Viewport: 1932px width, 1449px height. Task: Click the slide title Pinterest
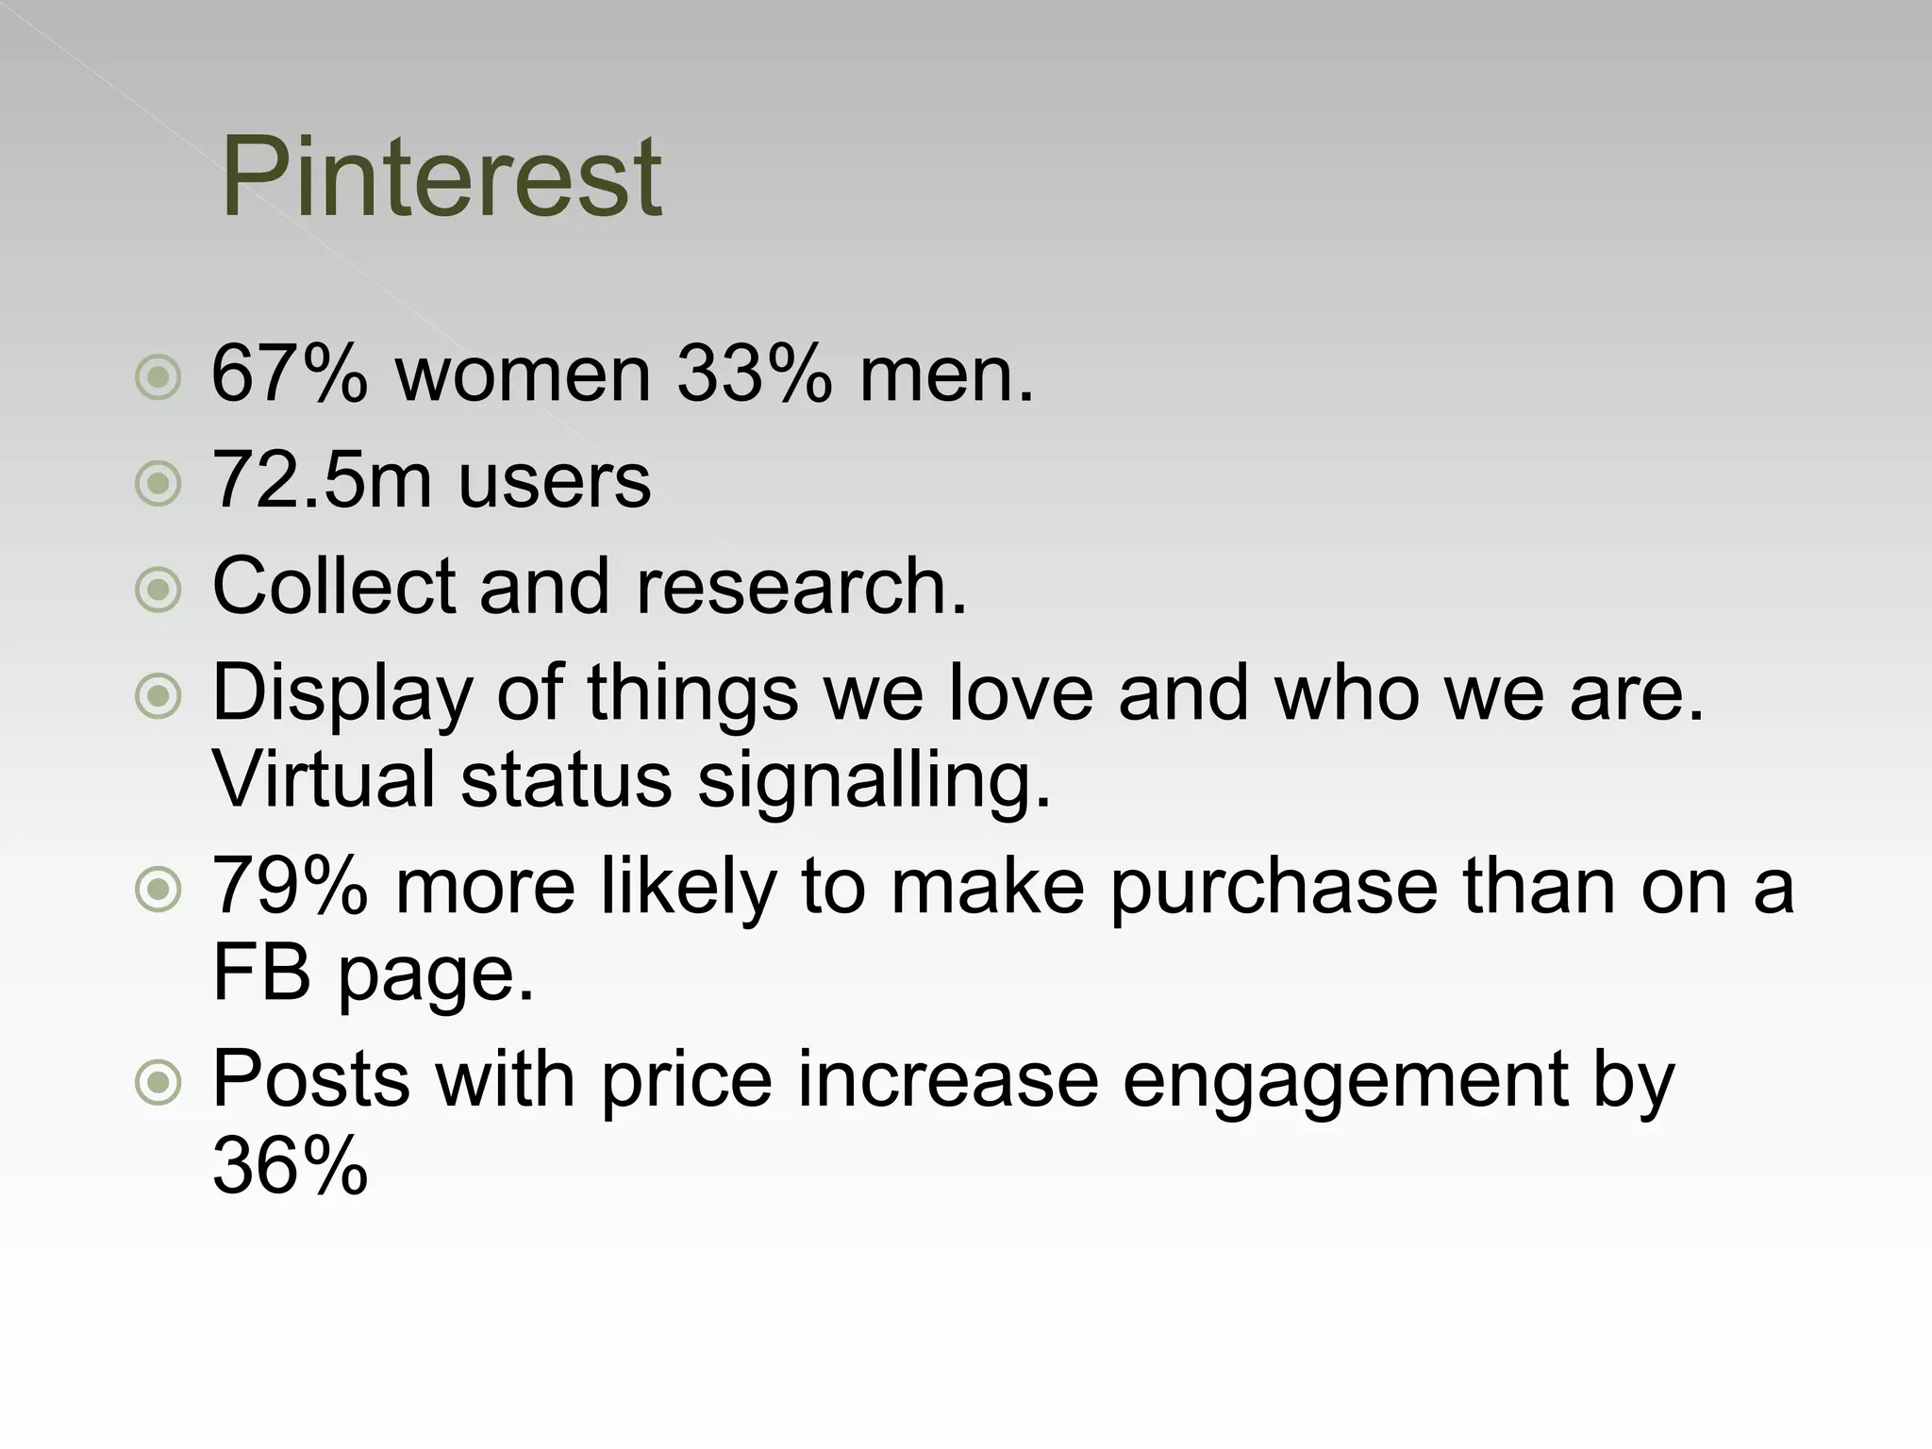pos(441,176)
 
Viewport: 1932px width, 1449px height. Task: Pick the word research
pos(802,586)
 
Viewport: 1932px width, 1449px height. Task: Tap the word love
pos(1021,692)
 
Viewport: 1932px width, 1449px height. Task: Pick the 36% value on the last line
pos(290,1165)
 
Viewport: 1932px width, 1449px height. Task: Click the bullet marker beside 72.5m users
pos(158,484)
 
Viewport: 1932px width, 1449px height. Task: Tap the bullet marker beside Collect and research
pos(158,591)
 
